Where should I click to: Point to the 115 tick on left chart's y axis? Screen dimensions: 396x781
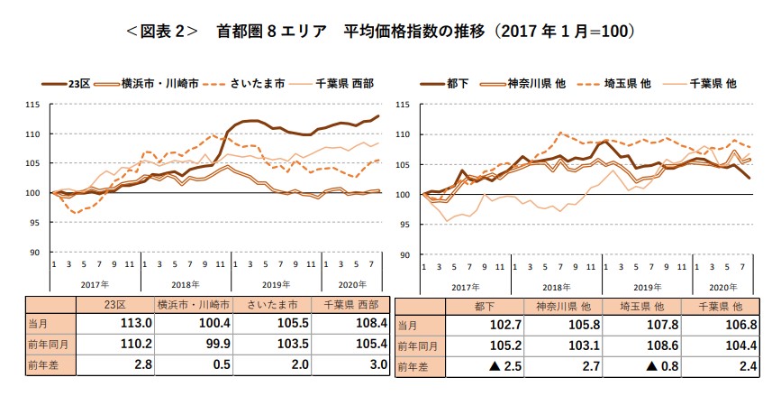(x=33, y=105)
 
